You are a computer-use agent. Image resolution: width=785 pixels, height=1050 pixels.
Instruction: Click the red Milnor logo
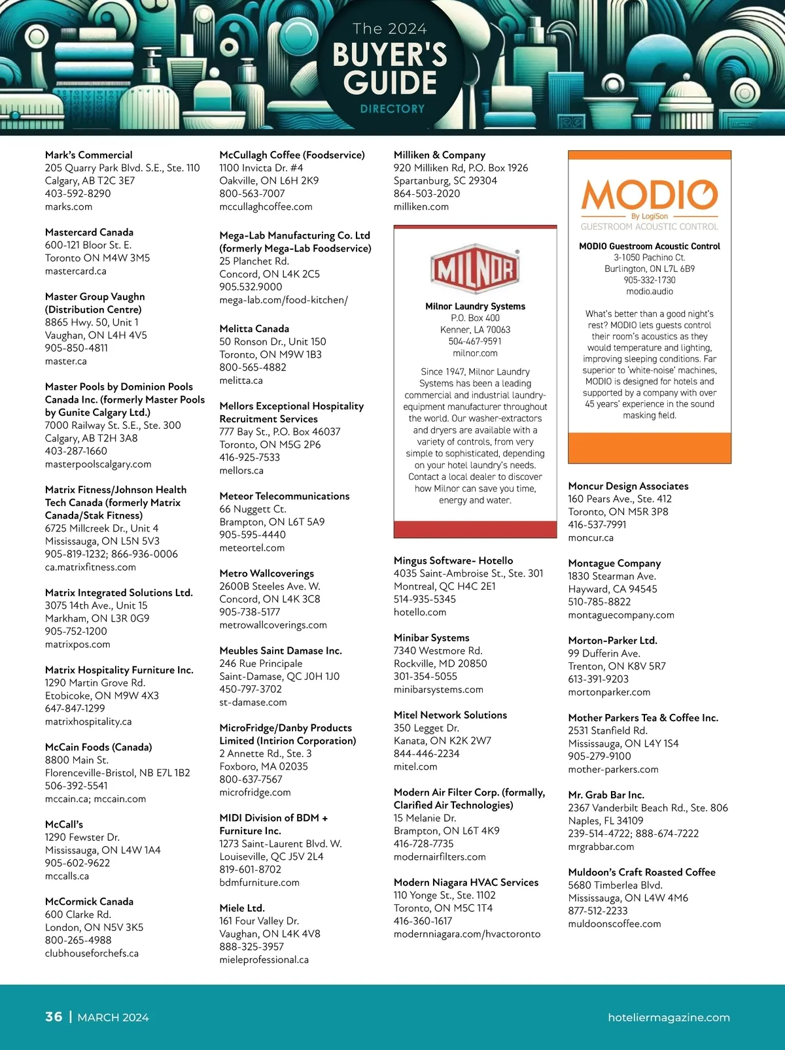pyautogui.click(x=475, y=269)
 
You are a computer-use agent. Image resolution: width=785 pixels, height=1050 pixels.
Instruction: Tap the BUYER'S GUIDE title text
pyautogui.click(x=390, y=69)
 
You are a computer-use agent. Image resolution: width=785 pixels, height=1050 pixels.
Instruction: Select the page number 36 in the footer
pyautogui.click(x=54, y=1017)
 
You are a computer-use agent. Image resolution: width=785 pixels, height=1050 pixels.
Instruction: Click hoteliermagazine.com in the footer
pyautogui.click(x=669, y=1017)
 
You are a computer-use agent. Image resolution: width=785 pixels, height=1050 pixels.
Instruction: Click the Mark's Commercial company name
pyautogui.click(x=88, y=155)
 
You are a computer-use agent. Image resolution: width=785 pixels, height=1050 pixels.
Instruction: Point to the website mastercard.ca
pyautogui.click(x=75, y=271)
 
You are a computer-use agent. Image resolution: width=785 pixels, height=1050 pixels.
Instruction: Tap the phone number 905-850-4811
pyautogui.click(x=76, y=348)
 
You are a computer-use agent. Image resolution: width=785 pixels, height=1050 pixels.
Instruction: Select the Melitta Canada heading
pyautogui.click(x=254, y=329)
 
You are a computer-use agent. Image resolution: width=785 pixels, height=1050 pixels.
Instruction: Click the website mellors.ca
pyautogui.click(x=241, y=470)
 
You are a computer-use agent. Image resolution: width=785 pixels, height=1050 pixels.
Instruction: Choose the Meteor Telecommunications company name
pyautogui.click(x=284, y=496)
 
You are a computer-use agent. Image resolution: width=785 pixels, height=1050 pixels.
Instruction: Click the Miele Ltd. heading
pyautogui.click(x=242, y=908)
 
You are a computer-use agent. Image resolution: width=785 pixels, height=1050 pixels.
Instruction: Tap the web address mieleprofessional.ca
pyautogui.click(x=264, y=960)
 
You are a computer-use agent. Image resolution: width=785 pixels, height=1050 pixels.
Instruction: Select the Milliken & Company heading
pyautogui.click(x=439, y=155)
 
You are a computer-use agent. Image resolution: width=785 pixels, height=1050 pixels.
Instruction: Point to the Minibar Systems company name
pyautogui.click(x=431, y=637)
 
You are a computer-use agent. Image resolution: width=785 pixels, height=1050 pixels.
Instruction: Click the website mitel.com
pyautogui.click(x=415, y=766)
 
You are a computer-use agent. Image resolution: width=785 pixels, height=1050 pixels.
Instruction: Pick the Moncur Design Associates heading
pyautogui.click(x=628, y=486)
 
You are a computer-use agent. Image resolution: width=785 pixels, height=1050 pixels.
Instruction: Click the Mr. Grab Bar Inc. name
pyautogui.click(x=606, y=795)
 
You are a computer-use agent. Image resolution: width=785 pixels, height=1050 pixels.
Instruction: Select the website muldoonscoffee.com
pyautogui.click(x=614, y=924)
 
